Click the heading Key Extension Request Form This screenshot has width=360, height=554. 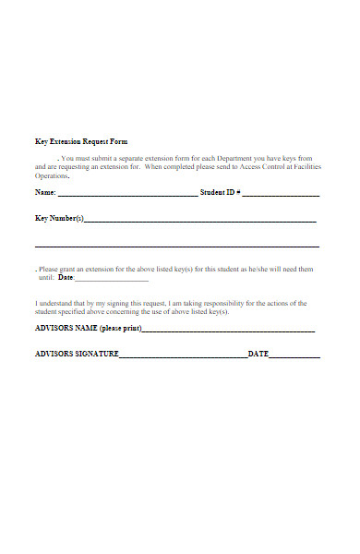tap(81, 141)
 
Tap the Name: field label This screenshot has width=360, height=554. tap(45, 193)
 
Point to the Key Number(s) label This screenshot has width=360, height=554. tap(59, 219)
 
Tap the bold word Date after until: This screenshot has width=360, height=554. tap(66, 277)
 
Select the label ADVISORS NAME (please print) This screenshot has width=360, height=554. tap(88, 328)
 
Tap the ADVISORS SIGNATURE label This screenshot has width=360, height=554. tap(77, 354)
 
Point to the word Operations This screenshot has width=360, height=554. tap(52, 175)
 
